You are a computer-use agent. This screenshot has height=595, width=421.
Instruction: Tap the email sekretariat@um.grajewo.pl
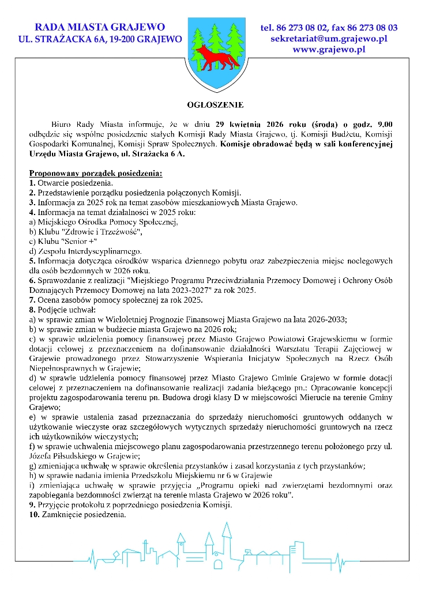coord(329,39)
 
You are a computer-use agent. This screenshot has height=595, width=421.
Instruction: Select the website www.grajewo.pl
coord(329,50)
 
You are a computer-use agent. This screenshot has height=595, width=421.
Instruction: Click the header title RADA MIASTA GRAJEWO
coord(100,27)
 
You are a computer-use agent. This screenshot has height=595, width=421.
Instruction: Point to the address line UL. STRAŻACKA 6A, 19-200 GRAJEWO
coord(100,39)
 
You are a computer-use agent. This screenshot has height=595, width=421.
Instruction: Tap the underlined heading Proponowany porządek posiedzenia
coord(96,173)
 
